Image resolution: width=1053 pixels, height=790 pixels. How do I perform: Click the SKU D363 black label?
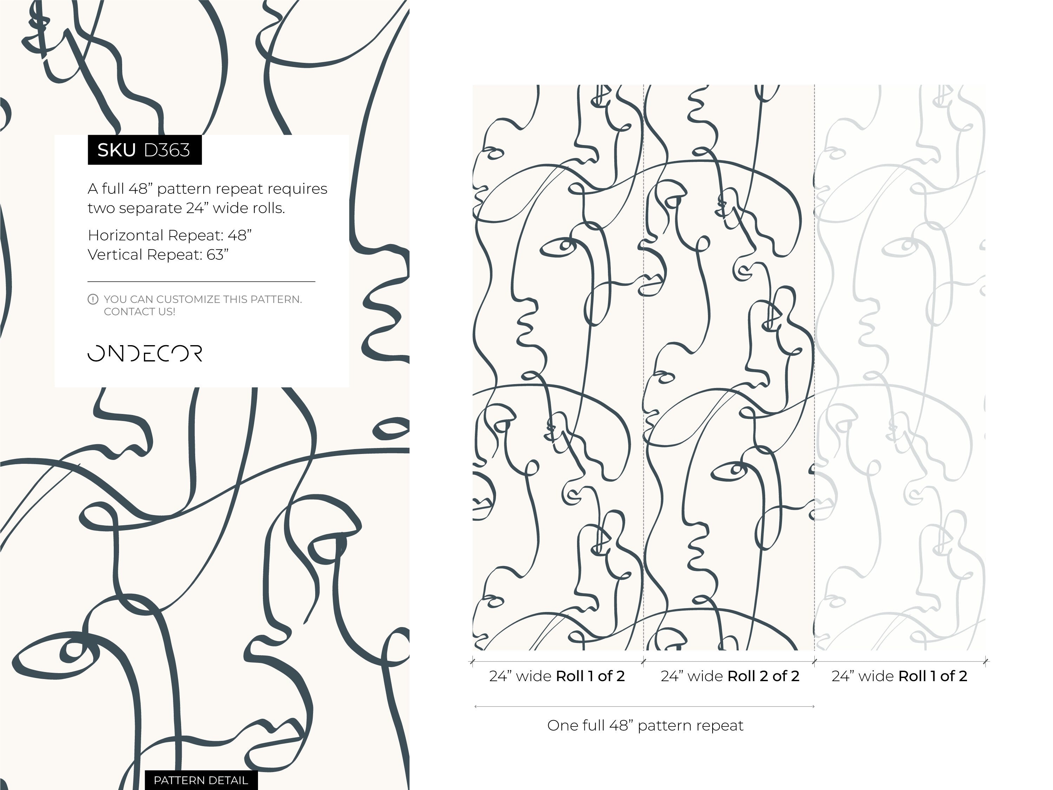[144, 150]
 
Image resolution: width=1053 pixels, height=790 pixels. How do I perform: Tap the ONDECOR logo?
[145, 353]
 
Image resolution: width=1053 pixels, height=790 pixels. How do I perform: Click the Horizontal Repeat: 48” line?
[170, 235]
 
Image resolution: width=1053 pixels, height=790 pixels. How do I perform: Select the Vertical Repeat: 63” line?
[158, 255]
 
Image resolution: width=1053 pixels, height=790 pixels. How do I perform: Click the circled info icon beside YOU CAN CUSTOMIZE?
[93, 299]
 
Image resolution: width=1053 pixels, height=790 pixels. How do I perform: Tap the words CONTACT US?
[139, 312]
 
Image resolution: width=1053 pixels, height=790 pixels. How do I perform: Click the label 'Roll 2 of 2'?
[763, 676]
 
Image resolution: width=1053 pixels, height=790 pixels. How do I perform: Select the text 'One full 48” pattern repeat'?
[645, 725]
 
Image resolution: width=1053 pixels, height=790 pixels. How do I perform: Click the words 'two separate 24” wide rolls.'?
[186, 208]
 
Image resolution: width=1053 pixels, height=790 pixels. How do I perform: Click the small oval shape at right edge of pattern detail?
[391, 429]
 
